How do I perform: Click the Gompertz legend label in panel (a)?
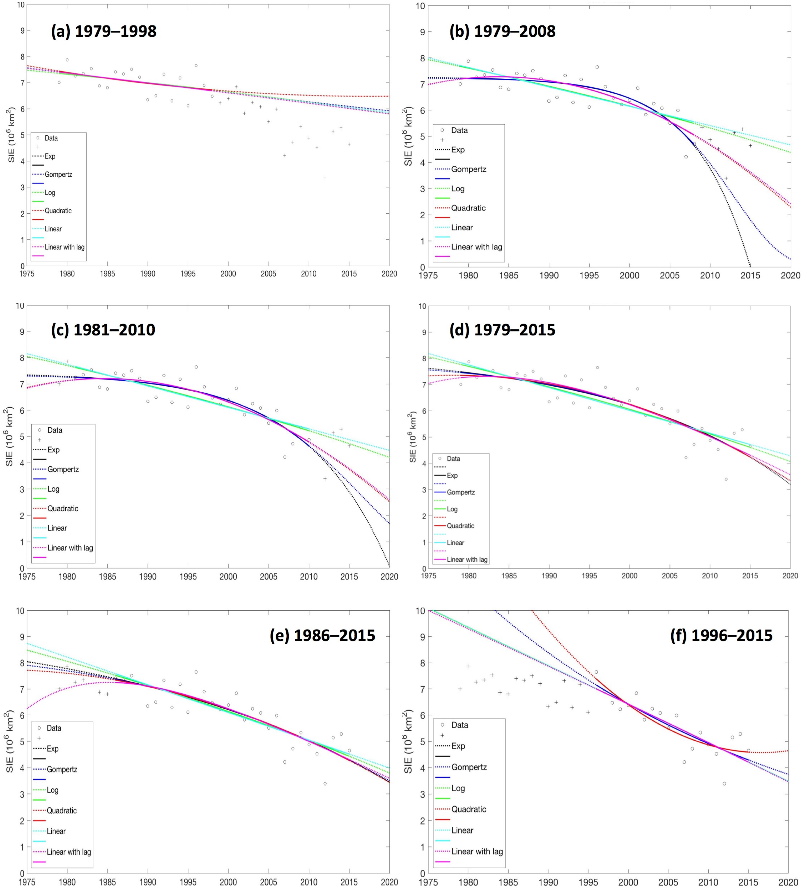58,174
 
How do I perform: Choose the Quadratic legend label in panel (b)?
468,208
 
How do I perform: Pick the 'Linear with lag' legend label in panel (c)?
70,548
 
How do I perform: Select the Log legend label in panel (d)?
452,509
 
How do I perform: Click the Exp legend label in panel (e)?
53,749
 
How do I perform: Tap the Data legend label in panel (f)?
460,725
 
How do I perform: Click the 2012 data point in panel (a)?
325,177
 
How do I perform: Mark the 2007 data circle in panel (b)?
686,157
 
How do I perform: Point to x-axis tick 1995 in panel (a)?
188,274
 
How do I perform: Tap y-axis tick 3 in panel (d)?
424,490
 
